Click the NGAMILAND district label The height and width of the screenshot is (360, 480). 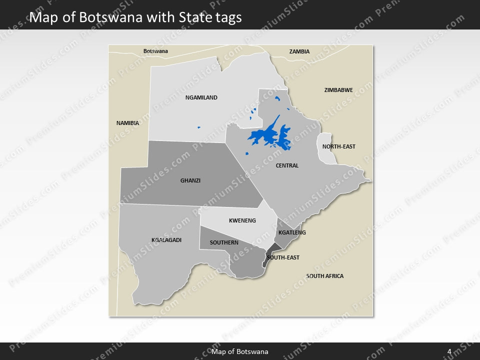click(x=201, y=97)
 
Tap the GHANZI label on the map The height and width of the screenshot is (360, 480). click(x=190, y=180)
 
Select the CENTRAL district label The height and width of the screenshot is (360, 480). click(x=287, y=165)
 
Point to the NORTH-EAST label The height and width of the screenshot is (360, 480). click(x=338, y=146)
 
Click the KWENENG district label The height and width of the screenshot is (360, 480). click(x=242, y=220)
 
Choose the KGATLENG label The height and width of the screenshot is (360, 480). click(x=292, y=232)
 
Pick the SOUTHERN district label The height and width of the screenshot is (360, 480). click(x=224, y=242)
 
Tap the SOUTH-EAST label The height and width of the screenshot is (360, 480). click(x=283, y=257)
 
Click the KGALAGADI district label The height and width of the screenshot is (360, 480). click(x=166, y=240)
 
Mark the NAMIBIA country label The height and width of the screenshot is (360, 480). click(x=127, y=122)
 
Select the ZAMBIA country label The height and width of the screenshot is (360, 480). click(x=299, y=51)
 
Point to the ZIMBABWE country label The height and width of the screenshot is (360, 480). click(x=338, y=90)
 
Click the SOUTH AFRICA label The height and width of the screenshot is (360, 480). click(x=325, y=276)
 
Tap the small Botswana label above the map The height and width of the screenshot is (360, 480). click(x=155, y=51)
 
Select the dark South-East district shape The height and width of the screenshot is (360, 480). click(x=271, y=252)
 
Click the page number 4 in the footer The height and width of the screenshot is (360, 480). click(x=449, y=351)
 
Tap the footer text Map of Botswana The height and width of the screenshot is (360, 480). click(x=240, y=351)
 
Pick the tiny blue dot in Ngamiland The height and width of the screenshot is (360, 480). click(x=198, y=127)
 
